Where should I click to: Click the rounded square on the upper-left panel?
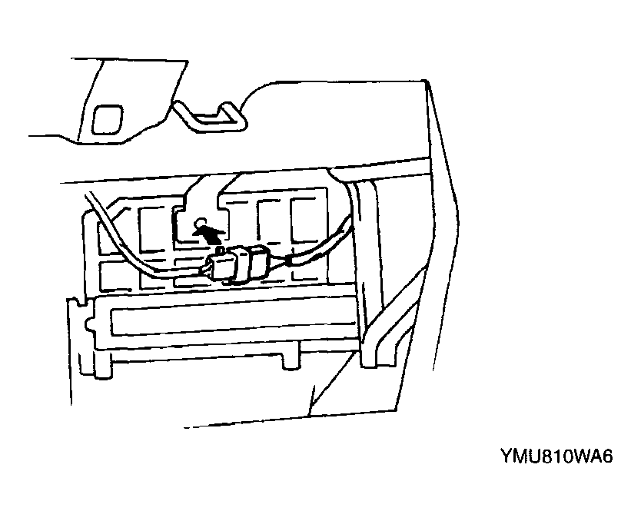(107, 118)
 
